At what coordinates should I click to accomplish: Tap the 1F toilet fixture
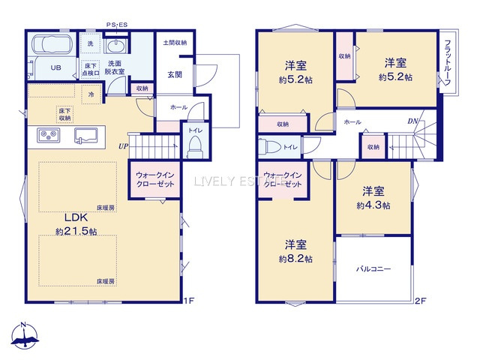(x=194, y=145)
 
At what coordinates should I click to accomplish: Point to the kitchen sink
(x=85, y=136)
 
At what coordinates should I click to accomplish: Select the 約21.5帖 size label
(x=76, y=232)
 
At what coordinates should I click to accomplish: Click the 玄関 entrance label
(x=175, y=74)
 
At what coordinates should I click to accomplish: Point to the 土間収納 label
(x=175, y=43)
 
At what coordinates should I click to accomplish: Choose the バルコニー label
(x=373, y=268)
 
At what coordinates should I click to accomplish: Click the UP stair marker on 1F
(x=121, y=145)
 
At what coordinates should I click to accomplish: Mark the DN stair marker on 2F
(x=412, y=121)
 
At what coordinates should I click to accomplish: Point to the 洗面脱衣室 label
(x=115, y=67)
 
